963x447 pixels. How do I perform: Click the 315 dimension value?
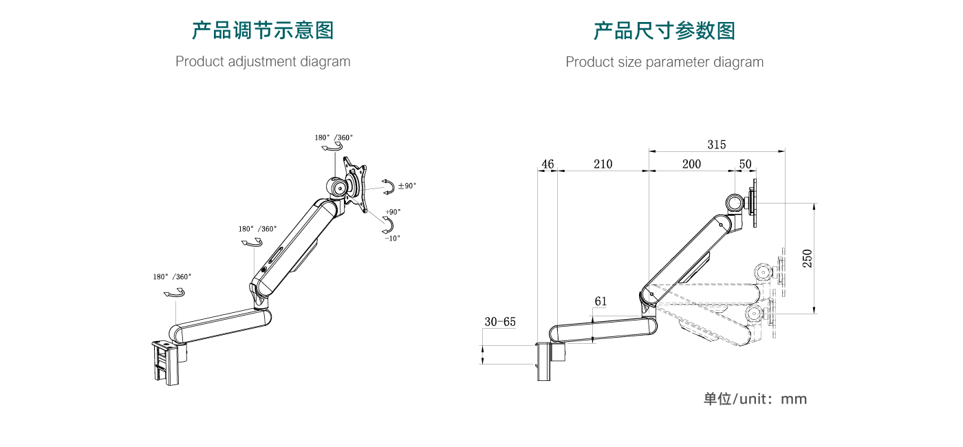(716, 144)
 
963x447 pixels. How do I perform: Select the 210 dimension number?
(603, 164)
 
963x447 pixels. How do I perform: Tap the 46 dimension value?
(548, 164)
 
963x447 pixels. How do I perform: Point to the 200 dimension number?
(691, 164)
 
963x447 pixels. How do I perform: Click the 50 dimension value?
(745, 164)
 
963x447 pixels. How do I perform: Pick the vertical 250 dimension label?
(808, 258)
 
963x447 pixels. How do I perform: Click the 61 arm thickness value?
(600, 301)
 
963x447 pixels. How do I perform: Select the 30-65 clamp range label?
(500, 321)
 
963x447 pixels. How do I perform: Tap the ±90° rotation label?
(407, 186)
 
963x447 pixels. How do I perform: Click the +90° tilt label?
(393, 212)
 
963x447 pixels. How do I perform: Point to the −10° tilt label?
(392, 238)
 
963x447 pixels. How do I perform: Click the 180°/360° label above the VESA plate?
(334, 138)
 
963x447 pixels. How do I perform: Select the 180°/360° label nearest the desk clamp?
(172, 276)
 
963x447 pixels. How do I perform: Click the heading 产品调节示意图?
(263, 31)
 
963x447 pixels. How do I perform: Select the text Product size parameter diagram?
(664, 62)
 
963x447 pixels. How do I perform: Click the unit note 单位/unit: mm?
(755, 399)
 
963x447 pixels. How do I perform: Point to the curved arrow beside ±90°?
(389, 186)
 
